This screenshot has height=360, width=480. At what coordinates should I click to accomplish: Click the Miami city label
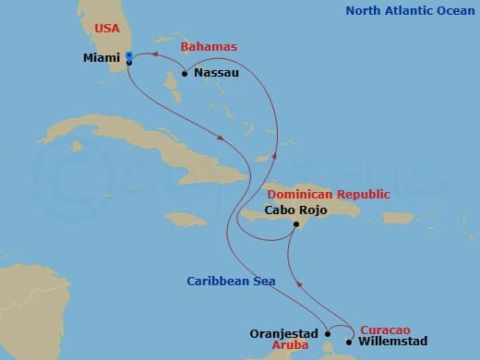(101, 58)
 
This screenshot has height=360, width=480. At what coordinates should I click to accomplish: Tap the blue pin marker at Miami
(128, 57)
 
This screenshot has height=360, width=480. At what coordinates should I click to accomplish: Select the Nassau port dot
(185, 73)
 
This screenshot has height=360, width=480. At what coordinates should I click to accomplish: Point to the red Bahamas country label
(208, 46)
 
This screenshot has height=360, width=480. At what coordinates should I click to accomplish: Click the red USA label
(109, 30)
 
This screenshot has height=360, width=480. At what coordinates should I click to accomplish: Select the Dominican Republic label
(328, 194)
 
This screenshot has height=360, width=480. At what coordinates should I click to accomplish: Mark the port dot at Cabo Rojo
(294, 223)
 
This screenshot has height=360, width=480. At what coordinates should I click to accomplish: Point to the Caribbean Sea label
(231, 281)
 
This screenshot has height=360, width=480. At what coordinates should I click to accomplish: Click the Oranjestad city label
(284, 333)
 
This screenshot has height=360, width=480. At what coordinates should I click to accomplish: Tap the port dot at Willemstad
(348, 342)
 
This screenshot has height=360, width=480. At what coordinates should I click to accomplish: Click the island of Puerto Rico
(398, 219)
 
